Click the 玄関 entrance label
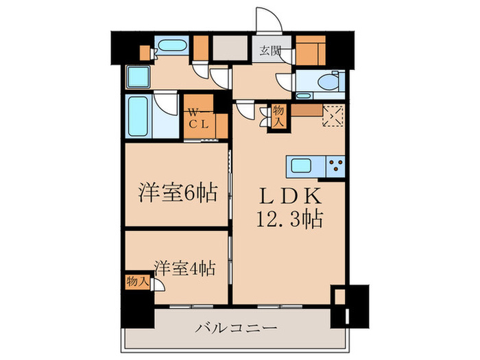(269, 49)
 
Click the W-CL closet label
(198, 118)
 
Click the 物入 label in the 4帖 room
(137, 280)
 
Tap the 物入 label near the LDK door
(279, 115)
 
